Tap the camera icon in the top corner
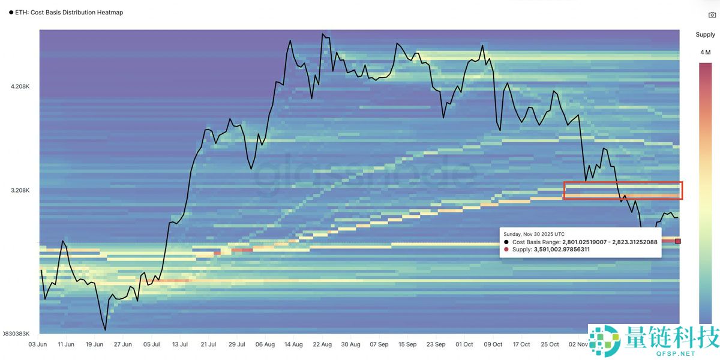pos(712,15)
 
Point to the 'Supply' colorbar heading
pos(705,35)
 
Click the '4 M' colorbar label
pos(706,52)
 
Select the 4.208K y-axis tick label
pos(20,86)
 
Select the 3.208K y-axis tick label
pos(20,190)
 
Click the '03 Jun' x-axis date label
pos(37,344)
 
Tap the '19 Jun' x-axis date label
pos(94,344)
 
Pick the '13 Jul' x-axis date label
pos(179,344)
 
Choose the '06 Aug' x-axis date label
pos(265,344)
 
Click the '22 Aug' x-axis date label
pos(322,344)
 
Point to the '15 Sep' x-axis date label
pos(407,344)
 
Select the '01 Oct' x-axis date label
pos(464,344)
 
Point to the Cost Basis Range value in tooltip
pos(610,242)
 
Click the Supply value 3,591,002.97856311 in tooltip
pos(562,250)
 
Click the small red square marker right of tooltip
pos(678,241)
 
